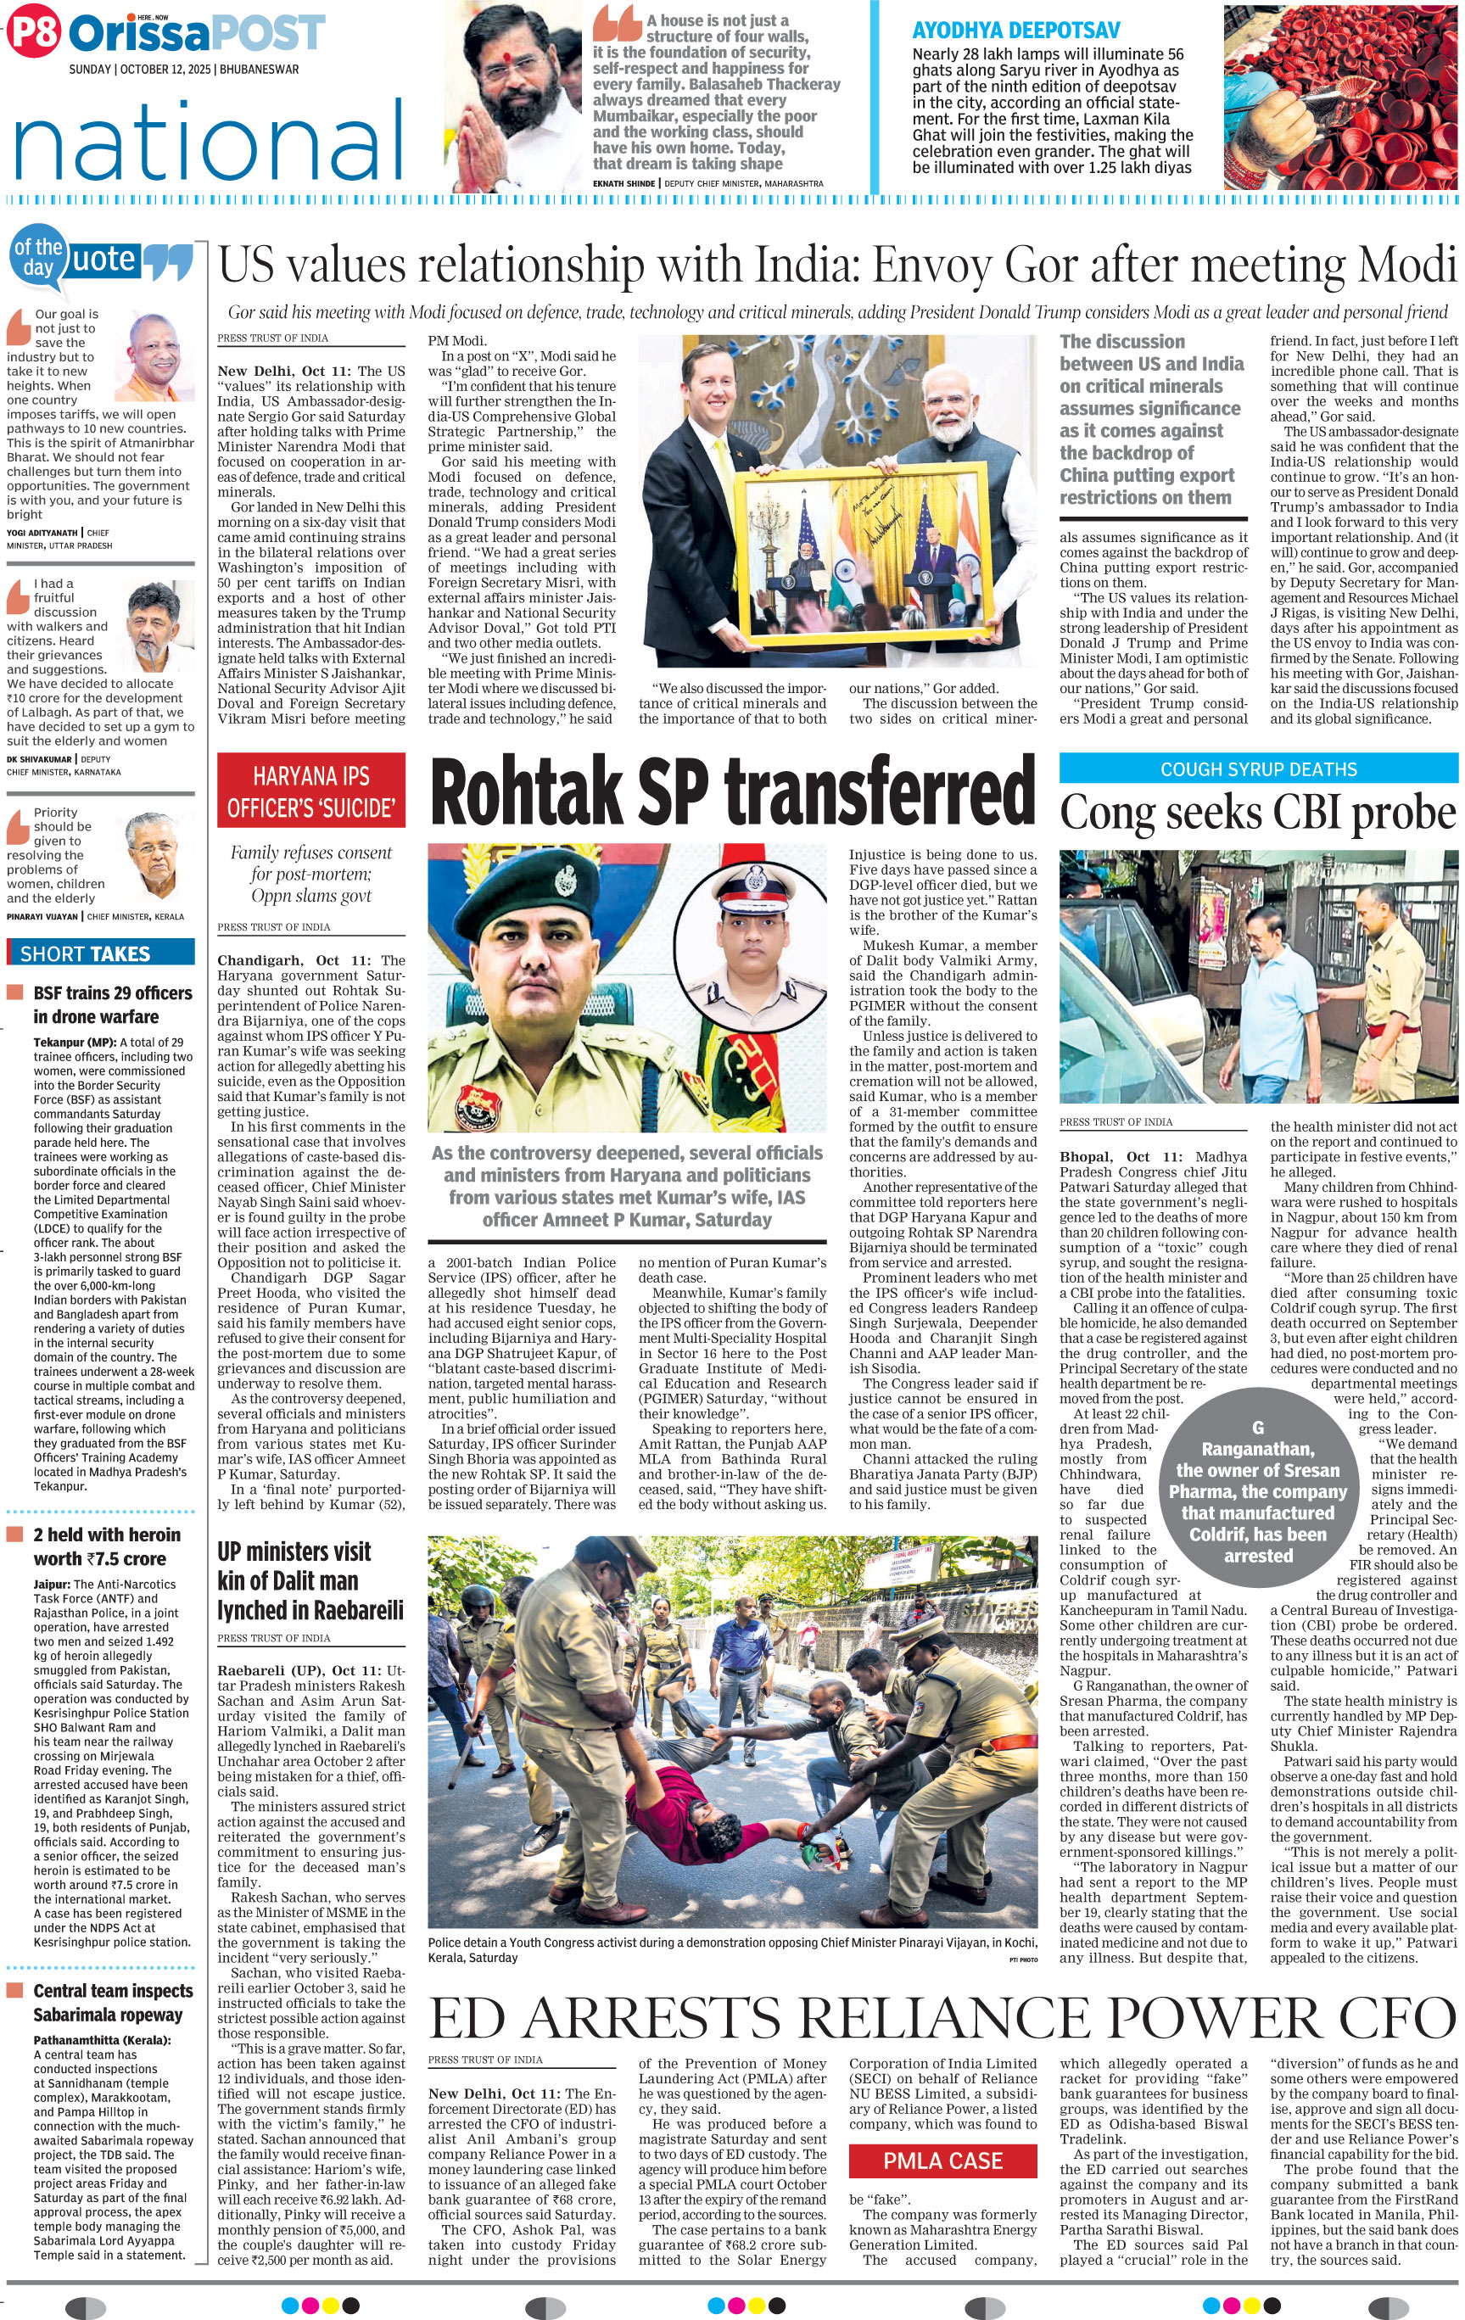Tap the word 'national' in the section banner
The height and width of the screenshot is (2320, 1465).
pyautogui.click(x=208, y=143)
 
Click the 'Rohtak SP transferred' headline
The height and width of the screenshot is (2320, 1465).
pyautogui.click(x=732, y=791)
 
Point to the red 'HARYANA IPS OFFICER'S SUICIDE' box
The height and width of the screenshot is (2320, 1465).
pyautogui.click(x=311, y=791)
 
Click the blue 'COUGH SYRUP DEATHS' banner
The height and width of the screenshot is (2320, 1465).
pyautogui.click(x=1258, y=769)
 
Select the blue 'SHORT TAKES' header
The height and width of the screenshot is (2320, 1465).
pyautogui.click(x=100, y=953)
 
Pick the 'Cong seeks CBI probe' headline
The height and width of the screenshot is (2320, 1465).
pyautogui.click(x=1258, y=812)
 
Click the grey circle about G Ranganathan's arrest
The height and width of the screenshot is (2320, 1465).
pyautogui.click(x=1257, y=1484)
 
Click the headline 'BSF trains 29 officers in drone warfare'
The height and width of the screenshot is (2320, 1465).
pyautogui.click(x=113, y=1004)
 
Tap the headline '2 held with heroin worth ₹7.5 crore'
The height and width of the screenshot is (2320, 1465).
pyautogui.click(x=106, y=1546)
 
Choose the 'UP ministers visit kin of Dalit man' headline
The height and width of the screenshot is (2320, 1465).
pyautogui.click(x=309, y=1580)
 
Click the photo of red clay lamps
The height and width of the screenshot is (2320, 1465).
pyautogui.click(x=1339, y=97)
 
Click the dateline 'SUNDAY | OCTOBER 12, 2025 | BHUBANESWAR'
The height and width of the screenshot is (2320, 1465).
pyautogui.click(x=183, y=70)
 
